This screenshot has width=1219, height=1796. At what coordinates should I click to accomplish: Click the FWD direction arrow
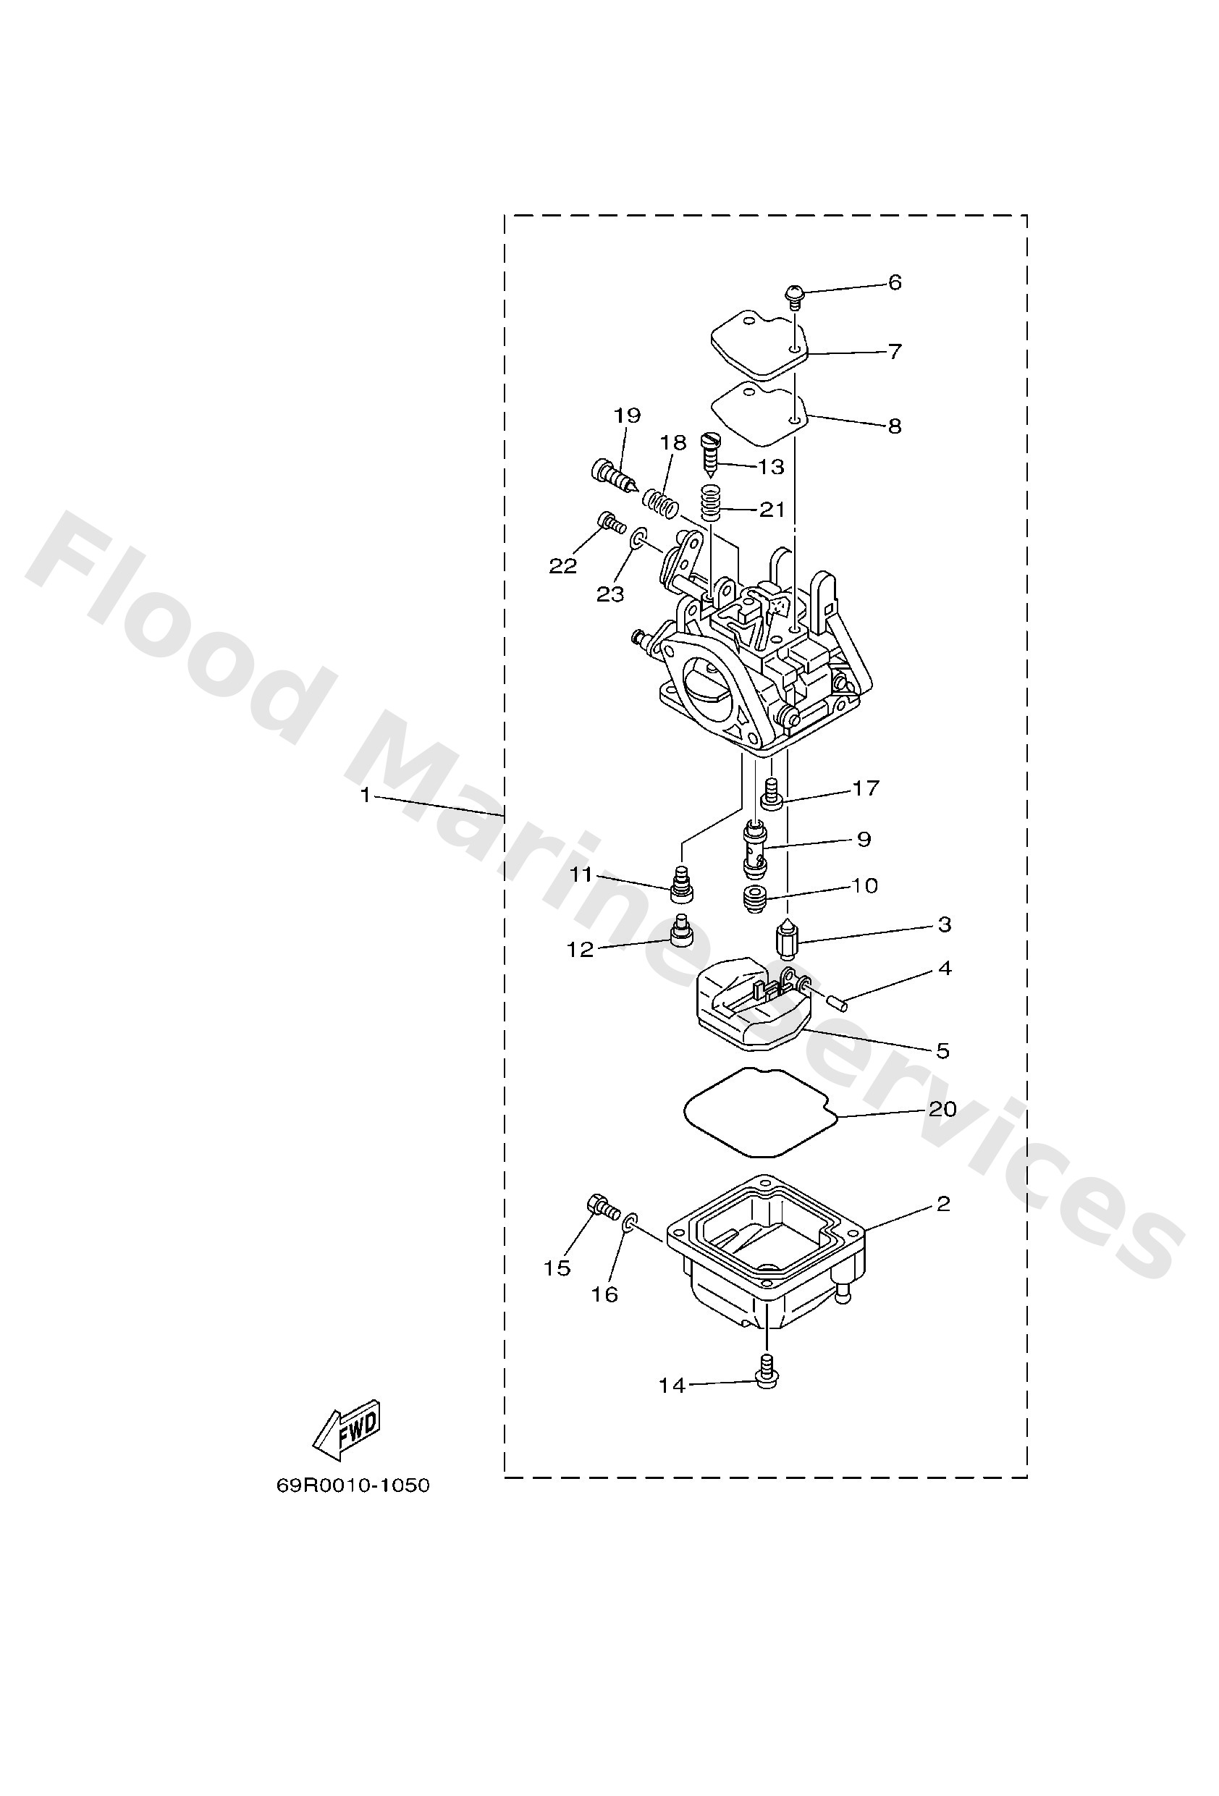[347, 1430]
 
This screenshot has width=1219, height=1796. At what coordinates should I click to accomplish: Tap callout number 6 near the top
[895, 283]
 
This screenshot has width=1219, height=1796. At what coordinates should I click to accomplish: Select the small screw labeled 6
[794, 295]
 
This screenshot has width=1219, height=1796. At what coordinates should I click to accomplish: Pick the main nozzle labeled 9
[754, 851]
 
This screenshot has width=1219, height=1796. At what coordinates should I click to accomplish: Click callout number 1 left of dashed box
[366, 796]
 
